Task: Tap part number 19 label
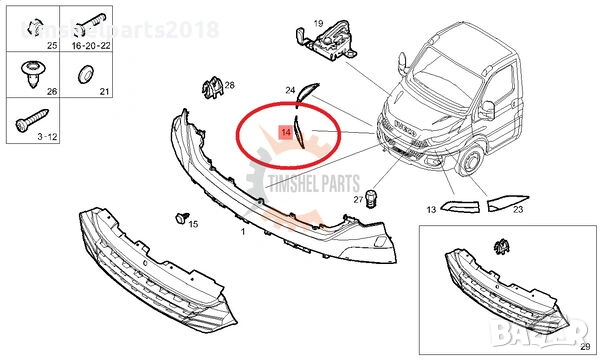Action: pyautogui.click(x=317, y=22)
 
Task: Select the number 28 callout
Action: pyautogui.click(x=230, y=86)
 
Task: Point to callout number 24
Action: pyautogui.click(x=290, y=90)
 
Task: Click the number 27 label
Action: pyautogui.click(x=357, y=200)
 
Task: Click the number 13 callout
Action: pyautogui.click(x=431, y=211)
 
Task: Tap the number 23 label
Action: pyautogui.click(x=518, y=211)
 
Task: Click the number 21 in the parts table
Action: pyautogui.click(x=103, y=92)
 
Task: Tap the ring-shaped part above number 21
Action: pyautogui.click(x=87, y=72)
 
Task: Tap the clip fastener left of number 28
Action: pyautogui.click(x=210, y=87)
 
